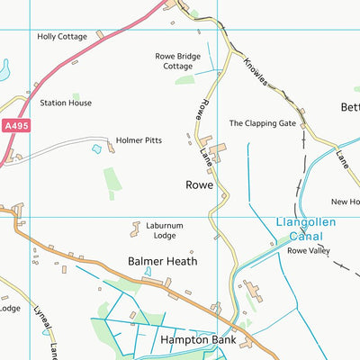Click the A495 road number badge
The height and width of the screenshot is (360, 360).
click(15, 126)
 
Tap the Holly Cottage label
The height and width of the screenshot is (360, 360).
click(62, 37)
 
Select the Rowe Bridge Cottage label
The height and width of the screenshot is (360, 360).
click(178, 60)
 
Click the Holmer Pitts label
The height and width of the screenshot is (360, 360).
click(139, 140)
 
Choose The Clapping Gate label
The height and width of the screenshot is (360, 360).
click(262, 123)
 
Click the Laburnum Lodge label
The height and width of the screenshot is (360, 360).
click(163, 230)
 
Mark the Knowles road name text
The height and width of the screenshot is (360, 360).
click(258, 76)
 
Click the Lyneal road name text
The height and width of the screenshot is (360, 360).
click(39, 315)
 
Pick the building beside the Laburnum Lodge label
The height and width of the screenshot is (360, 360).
click(136, 229)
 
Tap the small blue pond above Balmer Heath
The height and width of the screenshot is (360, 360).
click(148, 271)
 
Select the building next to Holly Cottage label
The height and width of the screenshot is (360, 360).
click(100, 34)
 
